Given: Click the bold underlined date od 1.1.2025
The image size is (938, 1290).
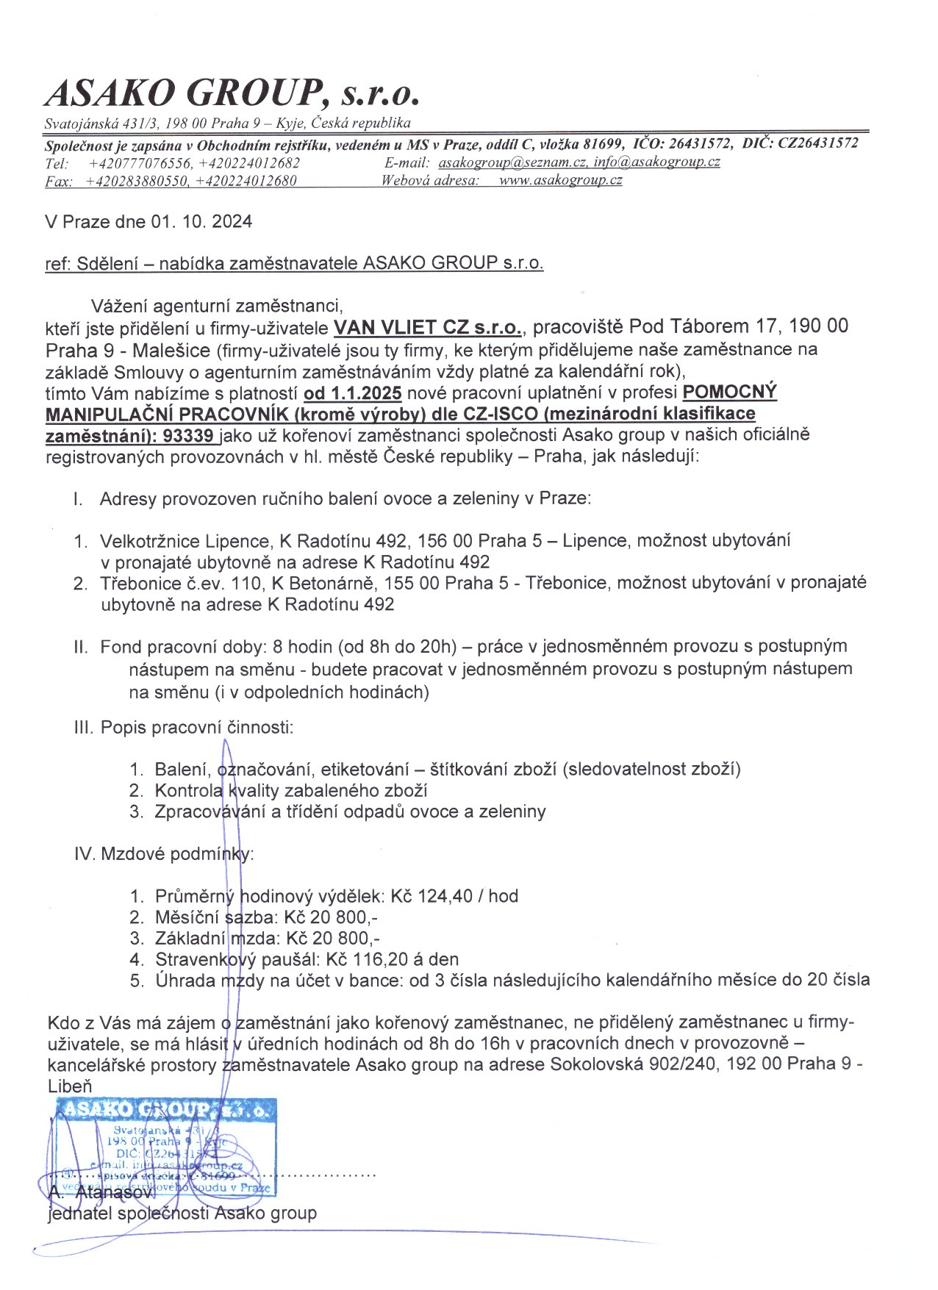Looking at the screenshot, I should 352,393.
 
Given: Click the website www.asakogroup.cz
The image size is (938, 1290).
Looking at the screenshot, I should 560,180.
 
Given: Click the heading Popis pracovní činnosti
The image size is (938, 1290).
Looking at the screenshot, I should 196,728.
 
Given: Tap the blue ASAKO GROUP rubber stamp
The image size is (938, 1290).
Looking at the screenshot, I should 166,1147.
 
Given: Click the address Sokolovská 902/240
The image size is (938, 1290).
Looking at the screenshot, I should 633,1064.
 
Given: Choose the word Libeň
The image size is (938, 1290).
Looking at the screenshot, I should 70,1086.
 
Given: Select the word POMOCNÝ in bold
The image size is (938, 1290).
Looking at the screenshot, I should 729,392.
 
